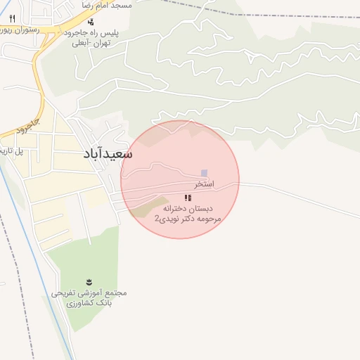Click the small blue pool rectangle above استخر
[205, 173]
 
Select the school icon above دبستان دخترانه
[187, 198]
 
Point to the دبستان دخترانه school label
[188, 209]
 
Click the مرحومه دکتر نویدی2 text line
[188, 219]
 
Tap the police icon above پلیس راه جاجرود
[90, 22]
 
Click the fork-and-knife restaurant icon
[12, 18]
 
